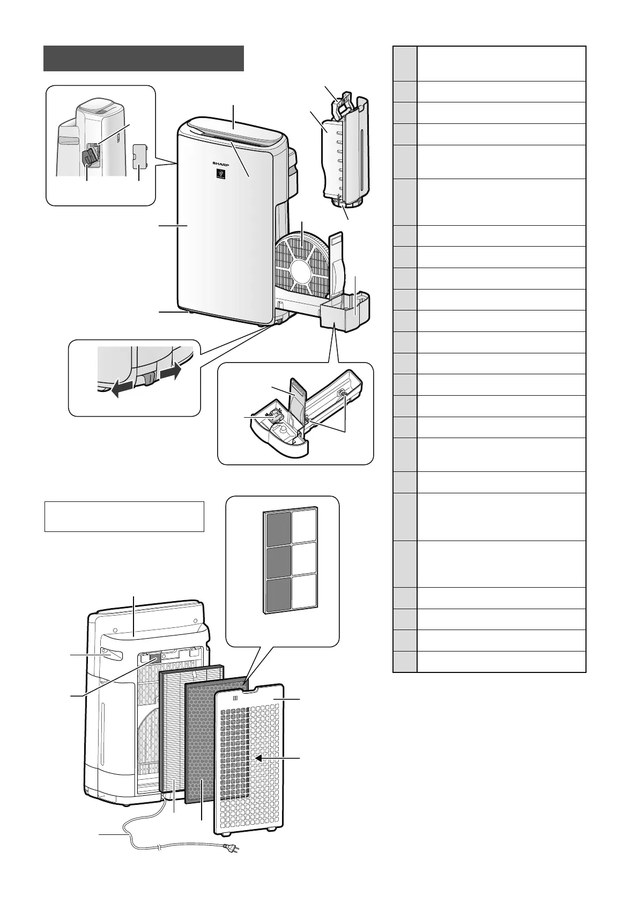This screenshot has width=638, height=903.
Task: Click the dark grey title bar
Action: coord(144,58)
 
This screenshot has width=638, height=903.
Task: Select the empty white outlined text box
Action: coord(124,516)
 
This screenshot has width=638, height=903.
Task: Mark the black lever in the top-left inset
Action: coord(88,157)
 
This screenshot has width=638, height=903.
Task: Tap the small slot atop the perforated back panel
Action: coord(236,698)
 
